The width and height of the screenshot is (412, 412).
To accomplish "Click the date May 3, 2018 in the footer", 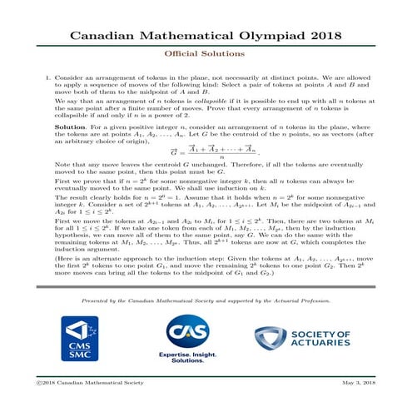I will (x=363, y=404).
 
